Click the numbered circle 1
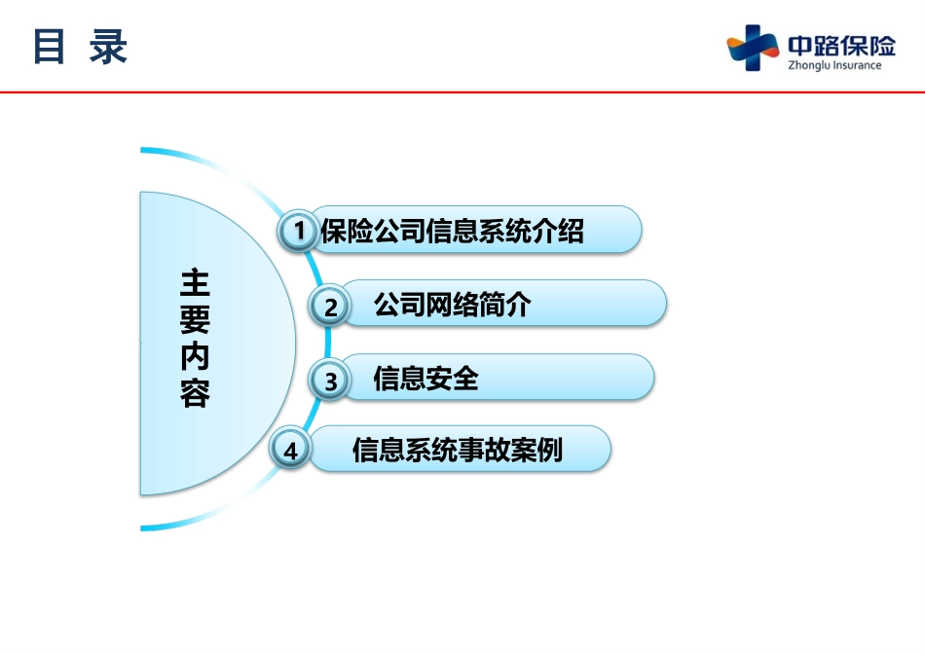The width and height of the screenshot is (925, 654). (299, 230)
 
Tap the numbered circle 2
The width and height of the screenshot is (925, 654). (330, 306)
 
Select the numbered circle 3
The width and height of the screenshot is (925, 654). (330, 380)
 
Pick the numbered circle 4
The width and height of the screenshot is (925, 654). (289, 450)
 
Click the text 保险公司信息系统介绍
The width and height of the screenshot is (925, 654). (452, 231)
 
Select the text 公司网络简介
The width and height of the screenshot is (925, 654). (453, 305)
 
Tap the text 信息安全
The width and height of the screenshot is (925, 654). (425, 378)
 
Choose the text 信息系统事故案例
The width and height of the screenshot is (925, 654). (458, 450)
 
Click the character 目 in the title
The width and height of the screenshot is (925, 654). (49, 46)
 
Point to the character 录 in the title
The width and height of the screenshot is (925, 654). (108, 46)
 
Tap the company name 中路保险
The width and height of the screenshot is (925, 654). (842, 46)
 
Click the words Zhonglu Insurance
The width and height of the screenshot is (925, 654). (834, 65)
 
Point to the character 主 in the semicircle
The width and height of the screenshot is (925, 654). (196, 282)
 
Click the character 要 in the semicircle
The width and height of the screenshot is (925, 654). (196, 319)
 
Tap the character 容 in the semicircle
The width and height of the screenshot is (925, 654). (196, 393)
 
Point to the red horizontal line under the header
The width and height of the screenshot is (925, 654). (462, 92)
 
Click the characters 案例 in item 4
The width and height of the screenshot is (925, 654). (536, 450)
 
